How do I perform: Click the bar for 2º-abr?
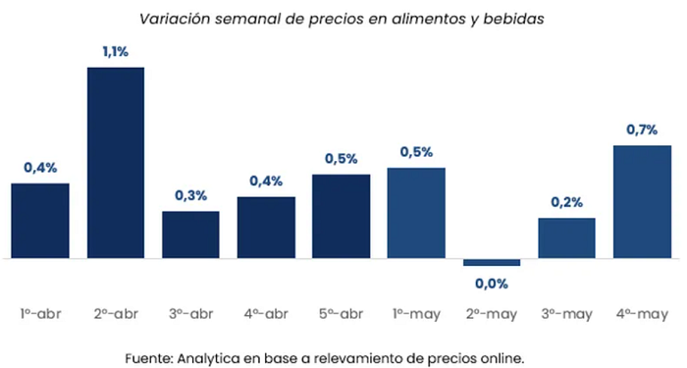tap(116, 163)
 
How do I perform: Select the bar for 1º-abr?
tap(40, 221)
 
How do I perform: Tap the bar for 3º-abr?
tap(190, 235)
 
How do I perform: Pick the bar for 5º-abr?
tap(341, 217)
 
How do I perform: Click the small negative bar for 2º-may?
tap(492, 262)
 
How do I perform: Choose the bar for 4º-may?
tap(642, 202)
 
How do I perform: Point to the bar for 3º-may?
tap(566, 238)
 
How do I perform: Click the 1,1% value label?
tap(116, 52)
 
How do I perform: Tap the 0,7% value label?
tap(642, 130)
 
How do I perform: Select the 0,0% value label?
tap(492, 284)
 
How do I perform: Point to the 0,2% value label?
tap(567, 202)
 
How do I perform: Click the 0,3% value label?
tap(191, 195)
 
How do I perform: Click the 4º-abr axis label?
tap(266, 314)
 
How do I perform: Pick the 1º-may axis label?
tap(416, 315)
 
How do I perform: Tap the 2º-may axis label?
tap(492, 315)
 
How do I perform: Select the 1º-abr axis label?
tap(40, 314)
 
